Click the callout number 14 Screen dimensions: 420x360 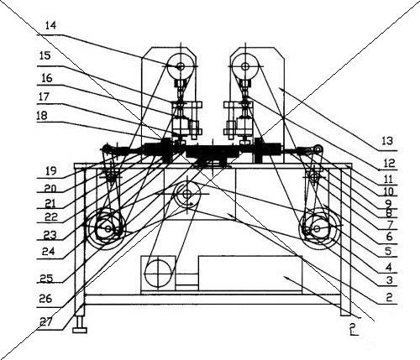pos(50,26)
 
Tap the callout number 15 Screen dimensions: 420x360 pos(45,55)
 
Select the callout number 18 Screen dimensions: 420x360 pos(42,115)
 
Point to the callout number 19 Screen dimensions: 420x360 pos(51,170)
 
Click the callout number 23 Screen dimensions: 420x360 pos(50,234)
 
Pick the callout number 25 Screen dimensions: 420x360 pos(46,278)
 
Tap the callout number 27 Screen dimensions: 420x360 pos(45,322)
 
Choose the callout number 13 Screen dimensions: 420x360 pos(387,141)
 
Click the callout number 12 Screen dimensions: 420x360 pos(389,163)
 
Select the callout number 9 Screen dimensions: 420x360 pos(389,202)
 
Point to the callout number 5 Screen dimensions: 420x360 pos(388,251)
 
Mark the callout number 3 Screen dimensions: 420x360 pos(390,280)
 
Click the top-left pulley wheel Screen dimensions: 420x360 pos(181,66)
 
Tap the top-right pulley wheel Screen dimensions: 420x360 pos(245,66)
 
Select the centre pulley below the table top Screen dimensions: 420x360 pos(187,194)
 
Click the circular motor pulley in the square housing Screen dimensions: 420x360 pos(158,273)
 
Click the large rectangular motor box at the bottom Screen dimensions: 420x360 pos(250,274)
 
